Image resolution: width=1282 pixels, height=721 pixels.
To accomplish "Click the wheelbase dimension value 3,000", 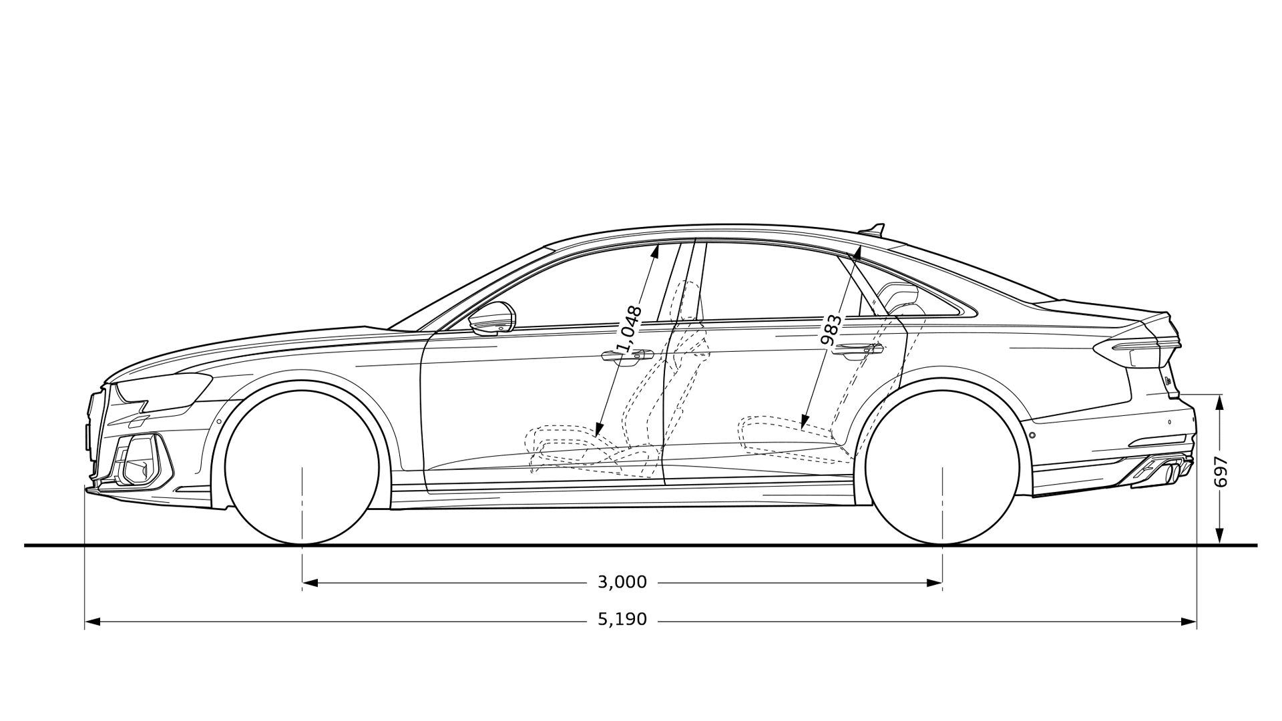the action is click(x=622, y=582).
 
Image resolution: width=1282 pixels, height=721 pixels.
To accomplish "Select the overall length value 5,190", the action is click(x=622, y=620).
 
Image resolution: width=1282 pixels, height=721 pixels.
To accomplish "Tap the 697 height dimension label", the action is click(x=1221, y=472).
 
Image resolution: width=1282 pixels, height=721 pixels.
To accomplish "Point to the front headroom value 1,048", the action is click(x=630, y=329).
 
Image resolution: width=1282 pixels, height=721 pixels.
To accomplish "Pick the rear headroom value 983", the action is click(x=831, y=330).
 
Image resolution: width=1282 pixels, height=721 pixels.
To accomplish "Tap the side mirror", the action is click(x=492, y=318).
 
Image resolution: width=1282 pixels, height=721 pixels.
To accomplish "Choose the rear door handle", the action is click(x=857, y=350).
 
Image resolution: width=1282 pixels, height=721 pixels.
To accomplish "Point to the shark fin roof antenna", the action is click(x=873, y=230).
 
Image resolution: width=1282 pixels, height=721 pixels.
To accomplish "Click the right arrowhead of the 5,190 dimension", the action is click(x=1189, y=622).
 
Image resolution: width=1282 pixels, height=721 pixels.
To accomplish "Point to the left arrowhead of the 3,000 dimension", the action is click(x=310, y=583).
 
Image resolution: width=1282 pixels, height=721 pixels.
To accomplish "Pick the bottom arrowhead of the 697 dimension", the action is click(x=1219, y=536).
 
